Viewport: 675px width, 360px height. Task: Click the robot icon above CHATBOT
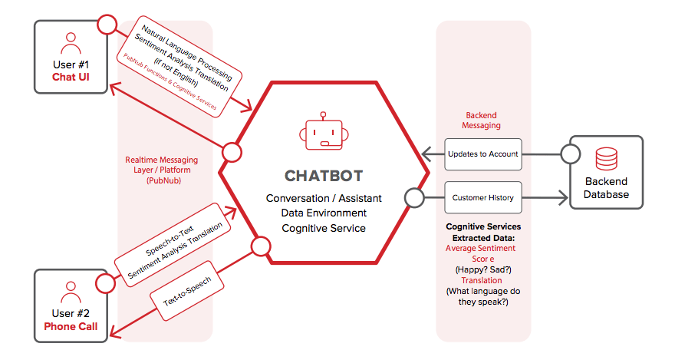(323, 132)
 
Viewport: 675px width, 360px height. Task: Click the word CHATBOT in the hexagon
(323, 176)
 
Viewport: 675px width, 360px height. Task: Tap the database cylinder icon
(607, 158)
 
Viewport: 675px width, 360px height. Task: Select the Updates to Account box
(483, 154)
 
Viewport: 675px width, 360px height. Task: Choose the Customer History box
(483, 197)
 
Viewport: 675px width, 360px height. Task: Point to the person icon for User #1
(71, 42)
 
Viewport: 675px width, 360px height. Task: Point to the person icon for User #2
(71, 291)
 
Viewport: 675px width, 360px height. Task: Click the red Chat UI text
(71, 78)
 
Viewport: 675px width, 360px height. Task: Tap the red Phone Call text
(71, 326)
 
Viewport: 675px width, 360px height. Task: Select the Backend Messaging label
(483, 121)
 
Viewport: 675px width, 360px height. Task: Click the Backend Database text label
(606, 188)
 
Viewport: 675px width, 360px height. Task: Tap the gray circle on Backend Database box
(570, 154)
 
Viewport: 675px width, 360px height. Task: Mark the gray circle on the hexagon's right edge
(415, 198)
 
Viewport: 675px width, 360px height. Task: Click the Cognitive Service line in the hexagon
(323, 228)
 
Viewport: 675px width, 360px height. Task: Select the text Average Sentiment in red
(481, 248)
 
